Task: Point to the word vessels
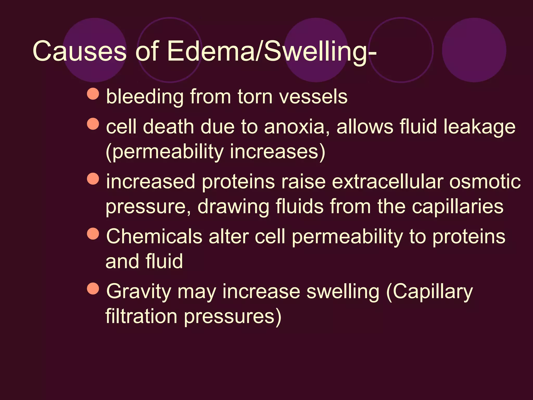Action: click(x=313, y=97)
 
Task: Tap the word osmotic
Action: click(x=485, y=182)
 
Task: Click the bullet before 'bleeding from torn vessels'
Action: click(x=93, y=94)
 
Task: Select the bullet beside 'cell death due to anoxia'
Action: click(x=93, y=124)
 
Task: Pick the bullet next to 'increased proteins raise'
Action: click(x=93, y=179)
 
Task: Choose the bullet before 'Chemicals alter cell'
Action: click(x=93, y=234)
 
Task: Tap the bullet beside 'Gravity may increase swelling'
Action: click(x=93, y=289)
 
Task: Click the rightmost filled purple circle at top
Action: click(x=474, y=50)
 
